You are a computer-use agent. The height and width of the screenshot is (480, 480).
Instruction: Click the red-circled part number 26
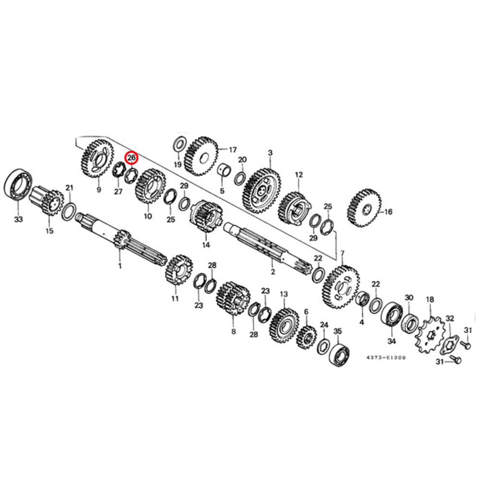coord(132,158)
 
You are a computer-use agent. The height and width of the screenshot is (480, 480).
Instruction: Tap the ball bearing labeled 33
coord(18,185)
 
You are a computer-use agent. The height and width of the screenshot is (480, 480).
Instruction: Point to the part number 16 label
coord(388,212)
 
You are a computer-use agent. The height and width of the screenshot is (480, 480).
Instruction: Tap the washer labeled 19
coord(180,144)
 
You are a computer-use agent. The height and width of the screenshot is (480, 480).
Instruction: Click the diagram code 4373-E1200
coord(386,358)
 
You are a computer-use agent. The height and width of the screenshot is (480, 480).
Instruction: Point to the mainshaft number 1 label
coord(120,266)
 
